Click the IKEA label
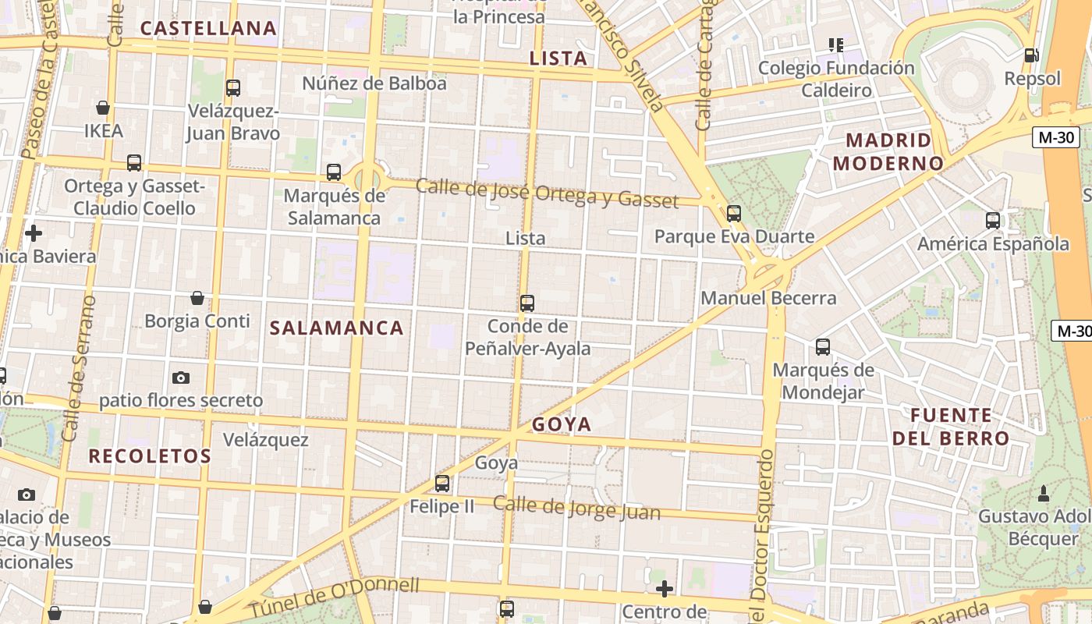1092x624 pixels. click(104, 130)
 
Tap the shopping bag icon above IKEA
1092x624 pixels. click(102, 108)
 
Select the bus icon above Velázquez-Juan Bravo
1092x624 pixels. click(232, 88)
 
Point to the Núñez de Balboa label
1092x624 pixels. click(374, 83)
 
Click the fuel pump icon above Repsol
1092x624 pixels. click(1031, 55)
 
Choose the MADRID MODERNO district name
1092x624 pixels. click(888, 152)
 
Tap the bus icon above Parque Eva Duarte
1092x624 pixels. click(733, 213)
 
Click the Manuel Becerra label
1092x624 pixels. click(768, 298)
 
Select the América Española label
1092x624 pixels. click(993, 243)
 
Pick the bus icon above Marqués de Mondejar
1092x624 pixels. click(823, 347)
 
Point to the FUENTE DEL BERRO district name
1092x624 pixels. click(951, 427)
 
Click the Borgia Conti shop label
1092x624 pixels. click(197, 321)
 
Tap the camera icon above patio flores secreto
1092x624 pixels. click(181, 378)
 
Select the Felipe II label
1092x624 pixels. click(442, 506)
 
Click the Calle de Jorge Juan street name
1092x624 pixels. click(576, 509)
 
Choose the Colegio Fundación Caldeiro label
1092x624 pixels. click(836, 79)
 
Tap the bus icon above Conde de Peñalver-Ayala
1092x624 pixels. click(527, 303)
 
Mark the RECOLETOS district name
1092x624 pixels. click(150, 456)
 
